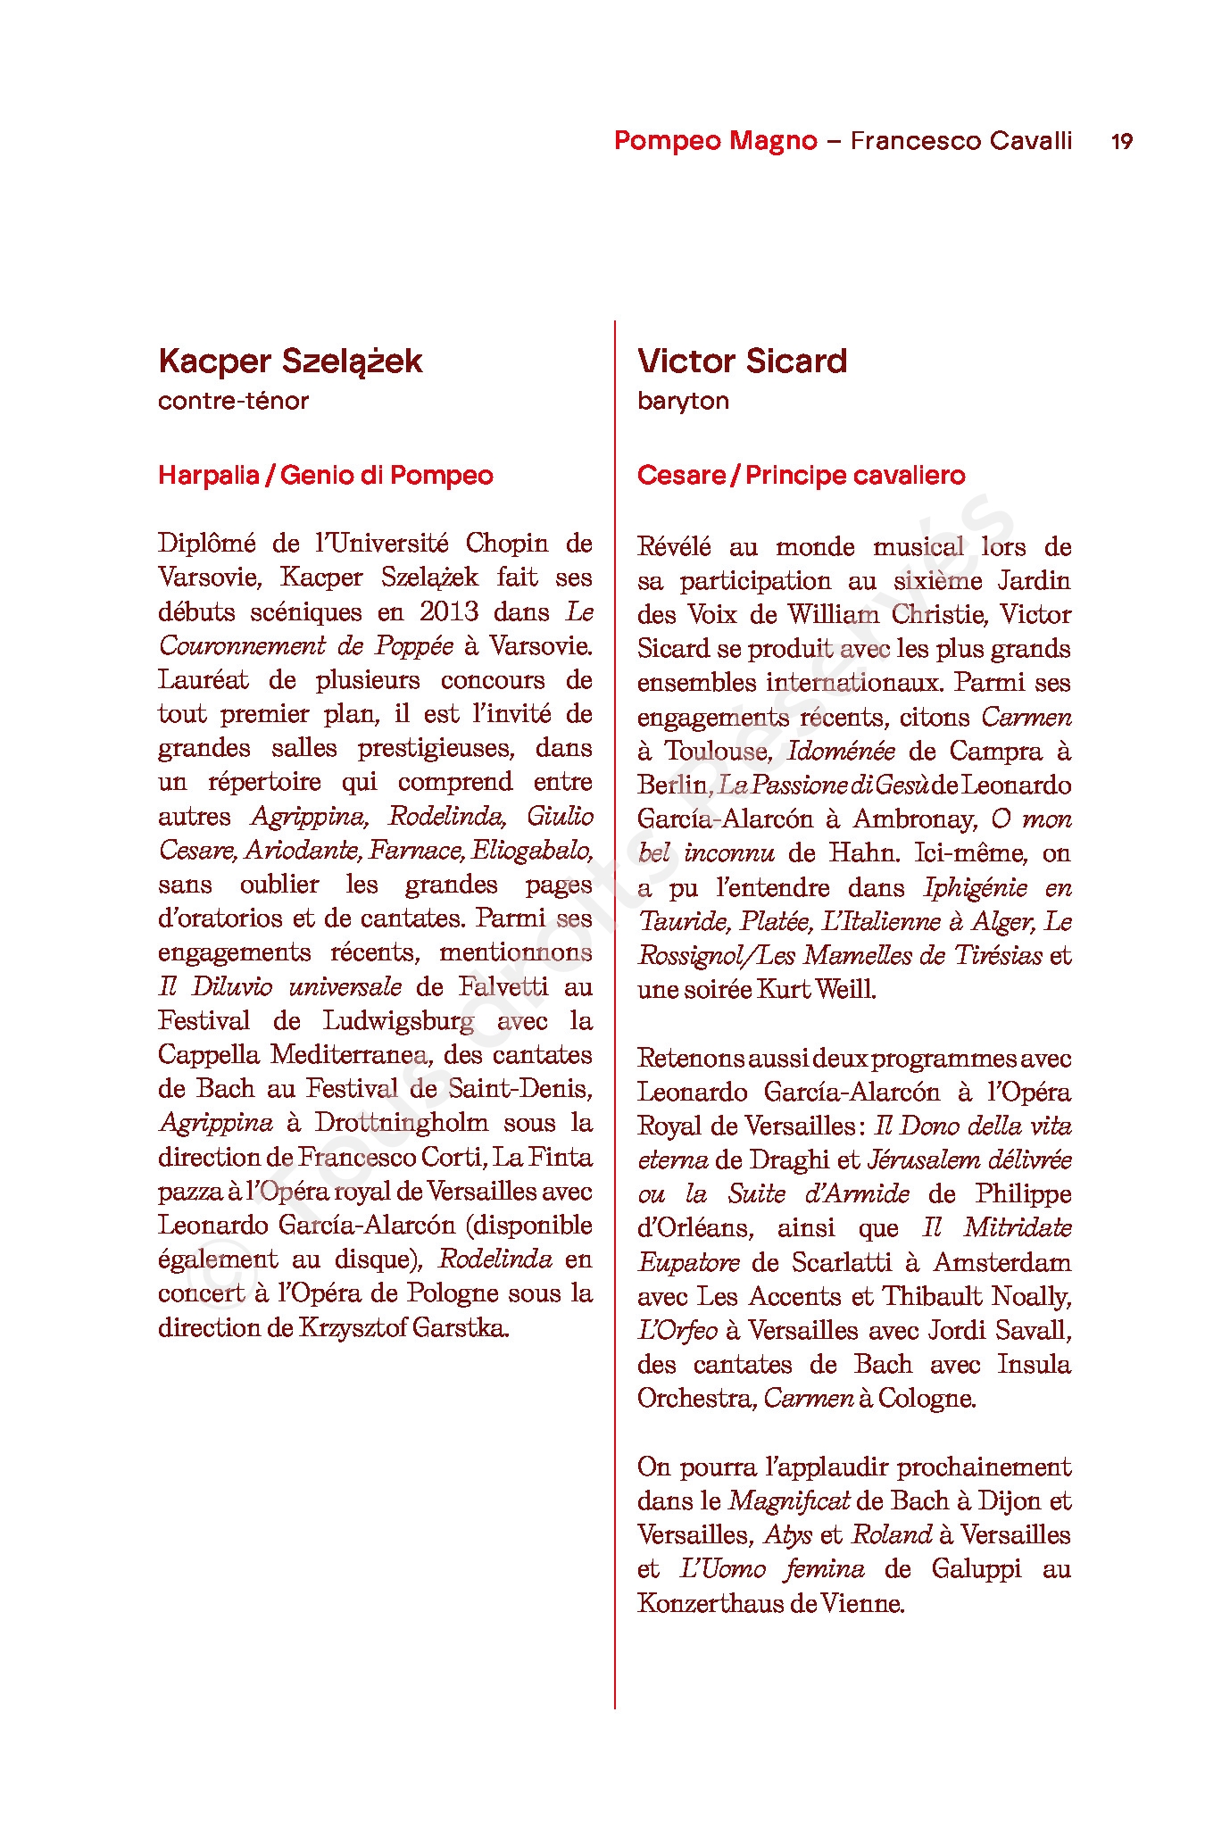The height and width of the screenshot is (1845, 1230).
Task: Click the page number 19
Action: (x=1121, y=141)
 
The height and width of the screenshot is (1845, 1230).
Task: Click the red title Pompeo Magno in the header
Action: (x=715, y=141)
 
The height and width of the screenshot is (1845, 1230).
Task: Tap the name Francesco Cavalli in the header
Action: (x=960, y=141)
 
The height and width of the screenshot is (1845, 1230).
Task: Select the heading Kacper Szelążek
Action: (x=290, y=361)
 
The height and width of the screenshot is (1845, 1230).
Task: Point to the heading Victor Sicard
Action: (x=742, y=361)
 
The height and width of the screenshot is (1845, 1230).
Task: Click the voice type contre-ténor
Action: (x=233, y=401)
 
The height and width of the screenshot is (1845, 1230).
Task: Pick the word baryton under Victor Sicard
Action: (x=683, y=401)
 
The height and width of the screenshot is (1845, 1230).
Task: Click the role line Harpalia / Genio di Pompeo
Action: (x=325, y=475)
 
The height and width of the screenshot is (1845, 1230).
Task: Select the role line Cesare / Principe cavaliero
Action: (x=801, y=475)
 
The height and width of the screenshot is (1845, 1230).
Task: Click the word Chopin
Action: (x=506, y=544)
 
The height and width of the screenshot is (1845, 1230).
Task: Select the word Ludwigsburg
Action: (x=398, y=1021)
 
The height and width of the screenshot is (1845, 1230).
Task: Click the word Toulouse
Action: (x=716, y=752)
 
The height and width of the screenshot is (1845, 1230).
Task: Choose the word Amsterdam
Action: (x=1001, y=1263)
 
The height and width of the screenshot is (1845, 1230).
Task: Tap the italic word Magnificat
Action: (x=788, y=1501)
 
